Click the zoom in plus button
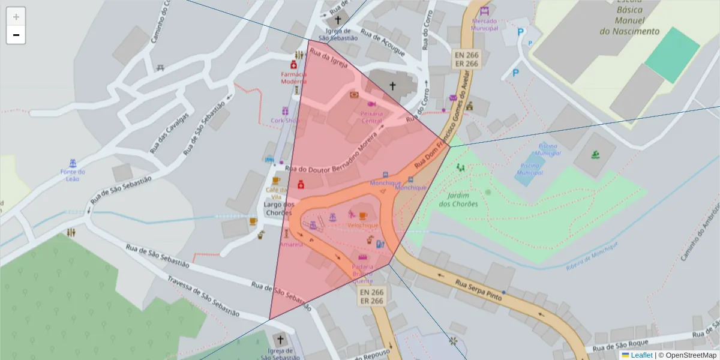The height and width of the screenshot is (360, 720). (16, 17)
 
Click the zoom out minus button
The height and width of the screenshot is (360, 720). (16, 35)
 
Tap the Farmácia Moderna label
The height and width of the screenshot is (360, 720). (293, 77)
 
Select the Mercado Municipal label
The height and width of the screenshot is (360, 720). (485, 25)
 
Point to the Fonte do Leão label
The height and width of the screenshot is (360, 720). (73, 175)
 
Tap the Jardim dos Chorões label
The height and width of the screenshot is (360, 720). (458, 199)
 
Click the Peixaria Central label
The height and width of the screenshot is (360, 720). (371, 117)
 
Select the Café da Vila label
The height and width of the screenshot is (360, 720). (277, 193)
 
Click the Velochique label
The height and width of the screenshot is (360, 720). (363, 225)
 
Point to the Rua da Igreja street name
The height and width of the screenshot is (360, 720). (329, 61)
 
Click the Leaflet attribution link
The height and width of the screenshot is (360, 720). (641, 355)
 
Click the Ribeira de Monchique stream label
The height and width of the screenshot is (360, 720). (592, 256)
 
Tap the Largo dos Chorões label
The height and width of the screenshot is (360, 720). (277, 208)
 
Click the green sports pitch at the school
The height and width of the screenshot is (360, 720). (672, 54)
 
